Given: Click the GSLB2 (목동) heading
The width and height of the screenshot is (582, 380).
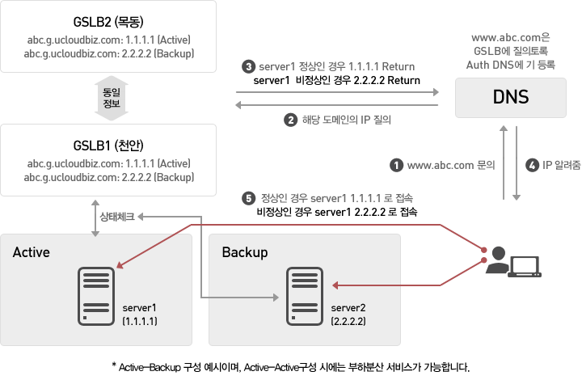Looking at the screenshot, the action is click(108, 22).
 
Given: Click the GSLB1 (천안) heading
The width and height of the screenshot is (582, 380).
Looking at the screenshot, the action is click(108, 146).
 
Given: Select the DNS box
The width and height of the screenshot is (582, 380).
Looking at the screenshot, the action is click(510, 98).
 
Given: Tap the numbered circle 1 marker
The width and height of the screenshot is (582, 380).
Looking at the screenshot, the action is click(396, 165).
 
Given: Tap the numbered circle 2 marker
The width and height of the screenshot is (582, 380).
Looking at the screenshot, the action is click(291, 120).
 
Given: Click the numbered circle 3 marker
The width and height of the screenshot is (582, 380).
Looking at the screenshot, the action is click(248, 66).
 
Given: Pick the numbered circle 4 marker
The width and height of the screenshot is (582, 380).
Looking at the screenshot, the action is click(532, 165).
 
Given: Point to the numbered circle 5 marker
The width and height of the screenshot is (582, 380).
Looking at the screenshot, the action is click(248, 198).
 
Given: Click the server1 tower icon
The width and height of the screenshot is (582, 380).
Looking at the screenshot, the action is click(96, 296).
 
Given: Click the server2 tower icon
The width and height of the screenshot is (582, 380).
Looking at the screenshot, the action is click(305, 296).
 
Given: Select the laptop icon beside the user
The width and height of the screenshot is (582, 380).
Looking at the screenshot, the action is click(525, 267).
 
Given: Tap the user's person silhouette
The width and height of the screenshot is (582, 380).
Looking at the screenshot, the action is click(497, 260).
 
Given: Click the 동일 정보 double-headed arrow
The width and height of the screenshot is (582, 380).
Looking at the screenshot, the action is click(112, 98).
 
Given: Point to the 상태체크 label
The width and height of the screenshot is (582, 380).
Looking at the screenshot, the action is click(117, 217).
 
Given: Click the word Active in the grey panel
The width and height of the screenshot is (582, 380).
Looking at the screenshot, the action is click(32, 252).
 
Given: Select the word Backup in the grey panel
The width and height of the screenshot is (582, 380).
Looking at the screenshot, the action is click(245, 253).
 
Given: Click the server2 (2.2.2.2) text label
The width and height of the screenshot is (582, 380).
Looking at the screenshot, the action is click(348, 315).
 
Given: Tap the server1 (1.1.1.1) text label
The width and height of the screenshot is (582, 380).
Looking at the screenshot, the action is click(140, 315).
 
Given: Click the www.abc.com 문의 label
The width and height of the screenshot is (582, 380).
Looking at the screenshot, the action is click(451, 165).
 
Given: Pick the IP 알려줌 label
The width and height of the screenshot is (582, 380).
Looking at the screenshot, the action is click(561, 165).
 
